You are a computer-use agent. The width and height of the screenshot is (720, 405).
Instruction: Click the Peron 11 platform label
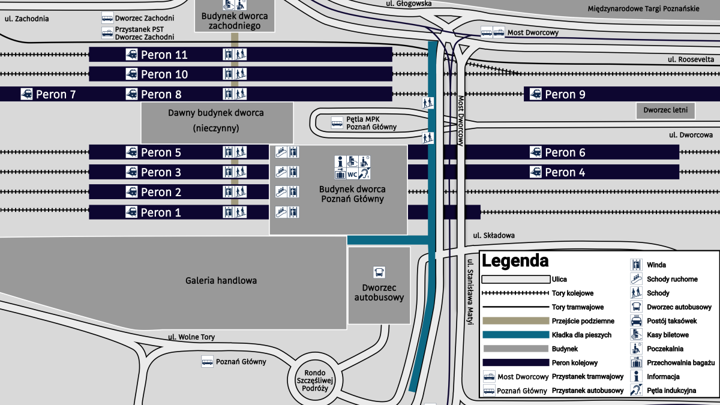[x=164, y=55]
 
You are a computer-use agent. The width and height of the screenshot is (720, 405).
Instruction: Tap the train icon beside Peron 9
[x=535, y=94]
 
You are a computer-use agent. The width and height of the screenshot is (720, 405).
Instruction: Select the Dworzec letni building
[x=665, y=110]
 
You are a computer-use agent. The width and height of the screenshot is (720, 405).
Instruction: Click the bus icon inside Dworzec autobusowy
[x=379, y=272]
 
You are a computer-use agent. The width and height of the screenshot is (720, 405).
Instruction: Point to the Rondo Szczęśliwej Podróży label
[x=314, y=380]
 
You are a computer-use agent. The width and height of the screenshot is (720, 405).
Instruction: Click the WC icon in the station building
[x=352, y=175]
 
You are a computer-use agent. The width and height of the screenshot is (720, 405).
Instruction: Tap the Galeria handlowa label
[x=221, y=281]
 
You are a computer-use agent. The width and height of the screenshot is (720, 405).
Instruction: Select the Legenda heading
[x=515, y=260]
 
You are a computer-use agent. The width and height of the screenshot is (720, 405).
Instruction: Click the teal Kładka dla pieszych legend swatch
[x=516, y=335]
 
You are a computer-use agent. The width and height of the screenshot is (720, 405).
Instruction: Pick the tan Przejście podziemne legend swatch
[x=516, y=321]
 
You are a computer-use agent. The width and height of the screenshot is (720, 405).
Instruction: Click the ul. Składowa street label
[x=494, y=236]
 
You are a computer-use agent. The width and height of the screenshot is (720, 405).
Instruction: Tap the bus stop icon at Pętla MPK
[x=337, y=123]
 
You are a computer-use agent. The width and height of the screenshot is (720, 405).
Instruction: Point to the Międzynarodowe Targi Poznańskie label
[x=643, y=8]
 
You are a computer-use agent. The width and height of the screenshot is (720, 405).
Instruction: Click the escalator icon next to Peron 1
[x=281, y=212]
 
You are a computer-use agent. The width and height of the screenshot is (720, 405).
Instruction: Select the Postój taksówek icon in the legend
[x=636, y=321]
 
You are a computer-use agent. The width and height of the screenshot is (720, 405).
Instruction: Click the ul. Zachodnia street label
[x=26, y=19]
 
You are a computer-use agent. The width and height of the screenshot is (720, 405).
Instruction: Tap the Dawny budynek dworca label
[x=215, y=113]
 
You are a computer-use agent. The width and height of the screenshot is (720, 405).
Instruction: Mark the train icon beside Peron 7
[x=26, y=94]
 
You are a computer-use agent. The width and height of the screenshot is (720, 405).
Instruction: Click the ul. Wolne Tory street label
[x=191, y=337]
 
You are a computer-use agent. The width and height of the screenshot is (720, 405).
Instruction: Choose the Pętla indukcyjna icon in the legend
[x=636, y=390]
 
